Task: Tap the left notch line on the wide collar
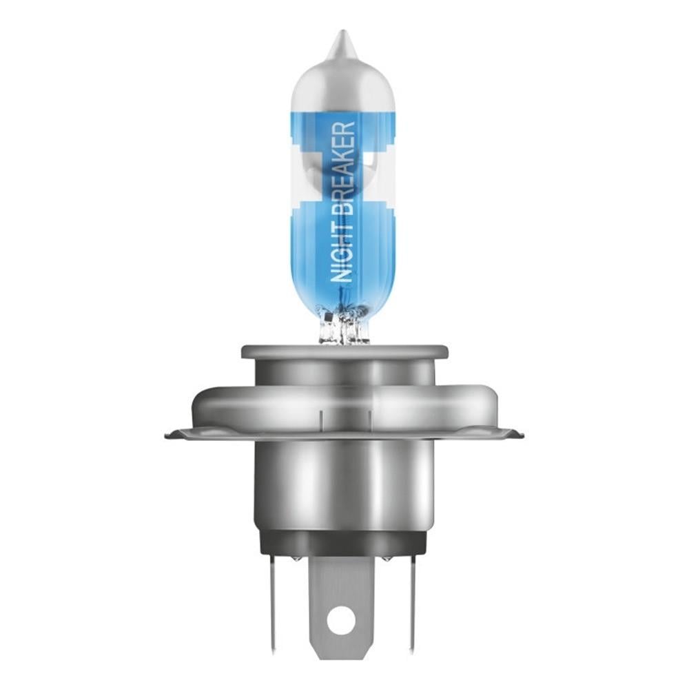[x=320, y=419]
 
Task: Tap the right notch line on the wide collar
[x=371, y=419]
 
